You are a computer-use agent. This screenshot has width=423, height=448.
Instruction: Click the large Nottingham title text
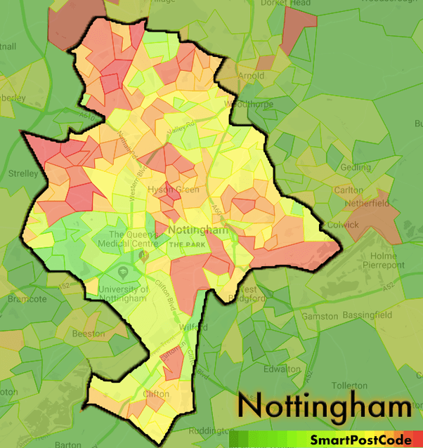click(x=324, y=407)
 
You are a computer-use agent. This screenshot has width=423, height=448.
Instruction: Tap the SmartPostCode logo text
click(x=361, y=440)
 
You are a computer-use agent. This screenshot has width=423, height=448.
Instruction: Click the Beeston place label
click(x=89, y=334)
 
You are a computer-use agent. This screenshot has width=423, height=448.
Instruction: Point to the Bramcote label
click(x=27, y=298)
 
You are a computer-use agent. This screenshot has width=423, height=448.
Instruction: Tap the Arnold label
click(x=251, y=75)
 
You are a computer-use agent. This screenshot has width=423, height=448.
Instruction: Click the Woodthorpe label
click(x=242, y=104)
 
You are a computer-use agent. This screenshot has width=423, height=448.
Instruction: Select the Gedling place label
click(x=356, y=168)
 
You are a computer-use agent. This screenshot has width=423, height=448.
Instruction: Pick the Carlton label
click(x=349, y=190)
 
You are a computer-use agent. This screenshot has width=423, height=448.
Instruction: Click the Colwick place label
click(x=343, y=225)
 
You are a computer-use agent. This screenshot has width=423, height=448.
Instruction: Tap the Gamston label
click(x=320, y=317)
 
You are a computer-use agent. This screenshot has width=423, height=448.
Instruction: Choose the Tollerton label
click(x=349, y=386)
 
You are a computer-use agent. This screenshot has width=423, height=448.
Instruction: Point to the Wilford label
click(x=188, y=327)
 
